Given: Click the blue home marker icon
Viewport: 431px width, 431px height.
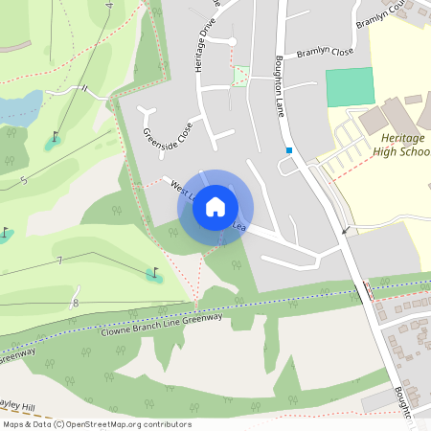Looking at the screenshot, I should pos(215,206).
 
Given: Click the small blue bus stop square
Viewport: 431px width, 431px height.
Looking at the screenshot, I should pos(288,150).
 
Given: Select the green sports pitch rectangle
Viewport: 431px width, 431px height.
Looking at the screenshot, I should pos(349,87).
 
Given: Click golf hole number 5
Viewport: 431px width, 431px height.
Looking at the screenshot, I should pos(23,179).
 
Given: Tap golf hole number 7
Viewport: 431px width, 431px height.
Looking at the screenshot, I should pos(59,261).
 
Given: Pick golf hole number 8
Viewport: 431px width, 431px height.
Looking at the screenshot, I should pos(75,304).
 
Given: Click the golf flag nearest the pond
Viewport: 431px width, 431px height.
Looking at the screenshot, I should pos(54,138).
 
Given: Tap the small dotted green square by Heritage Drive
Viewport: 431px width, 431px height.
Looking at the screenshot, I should pos(240,76).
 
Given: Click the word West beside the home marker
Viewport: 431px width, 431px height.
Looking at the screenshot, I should pos(180,186).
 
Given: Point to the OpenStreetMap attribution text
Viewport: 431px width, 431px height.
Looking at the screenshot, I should pos(97,424).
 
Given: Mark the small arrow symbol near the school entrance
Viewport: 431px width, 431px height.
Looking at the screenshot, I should pos(346,231).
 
